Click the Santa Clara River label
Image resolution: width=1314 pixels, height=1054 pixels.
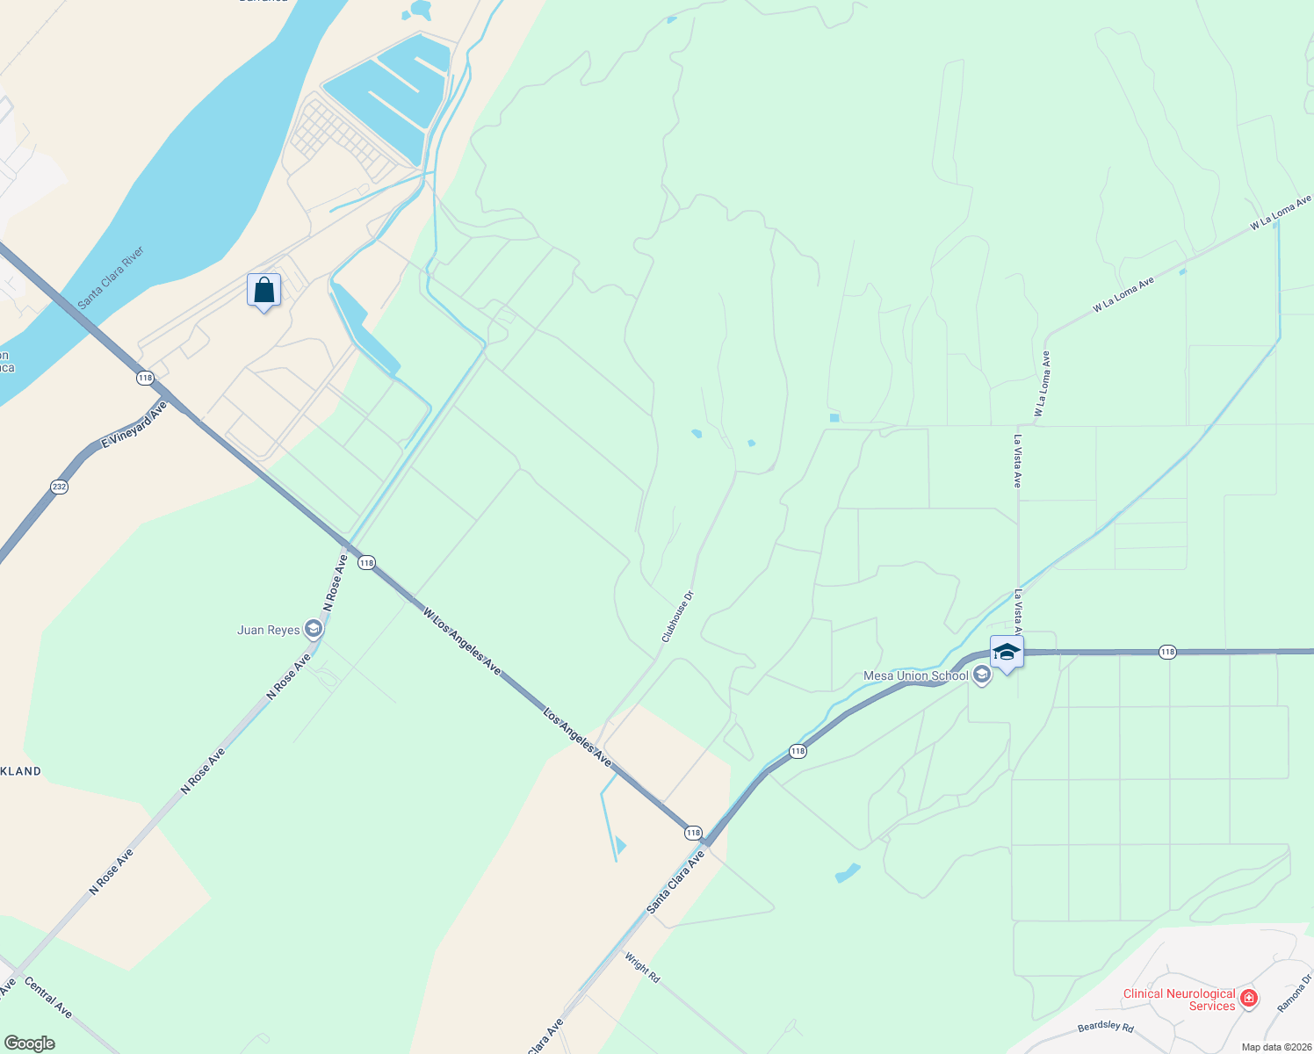click(x=111, y=278)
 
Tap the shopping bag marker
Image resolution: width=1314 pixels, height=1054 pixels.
click(x=264, y=291)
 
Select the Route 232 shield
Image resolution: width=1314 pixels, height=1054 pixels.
click(x=59, y=487)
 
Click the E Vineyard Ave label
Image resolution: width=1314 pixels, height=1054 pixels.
click(x=134, y=426)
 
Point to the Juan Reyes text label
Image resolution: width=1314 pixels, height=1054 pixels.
click(x=269, y=630)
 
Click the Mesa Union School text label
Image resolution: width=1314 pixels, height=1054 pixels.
click(x=916, y=675)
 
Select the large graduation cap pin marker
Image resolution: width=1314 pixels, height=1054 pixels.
click(x=1006, y=653)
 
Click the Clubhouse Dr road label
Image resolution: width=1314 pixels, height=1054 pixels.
click(x=677, y=616)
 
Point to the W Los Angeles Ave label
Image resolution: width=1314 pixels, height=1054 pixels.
click(x=461, y=642)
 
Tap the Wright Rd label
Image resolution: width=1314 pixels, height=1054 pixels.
click(x=642, y=967)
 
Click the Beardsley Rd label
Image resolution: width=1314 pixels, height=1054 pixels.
click(x=1105, y=1027)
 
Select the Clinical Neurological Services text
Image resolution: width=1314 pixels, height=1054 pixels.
click(x=1180, y=1000)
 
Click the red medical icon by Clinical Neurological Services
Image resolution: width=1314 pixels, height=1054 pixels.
click(x=1249, y=998)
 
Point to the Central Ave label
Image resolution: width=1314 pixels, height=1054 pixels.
click(x=48, y=998)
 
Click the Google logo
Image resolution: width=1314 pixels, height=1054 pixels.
click(x=29, y=1043)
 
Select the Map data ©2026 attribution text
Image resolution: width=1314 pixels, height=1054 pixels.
click(x=1275, y=1047)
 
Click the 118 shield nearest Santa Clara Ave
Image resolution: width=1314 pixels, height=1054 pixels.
click(x=693, y=832)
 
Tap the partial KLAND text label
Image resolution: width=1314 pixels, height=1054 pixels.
click(x=21, y=771)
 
